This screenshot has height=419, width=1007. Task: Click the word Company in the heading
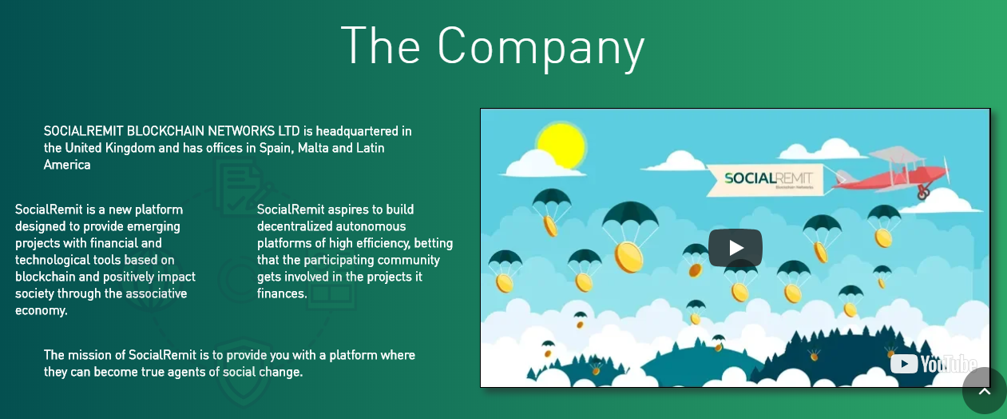pos(541,48)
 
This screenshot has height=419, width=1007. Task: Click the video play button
pos(735,248)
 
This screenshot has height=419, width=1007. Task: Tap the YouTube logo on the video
pos(934,364)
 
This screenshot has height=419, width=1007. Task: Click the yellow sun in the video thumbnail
pos(561,146)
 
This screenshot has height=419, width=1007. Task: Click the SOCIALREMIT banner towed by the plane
pos(767,180)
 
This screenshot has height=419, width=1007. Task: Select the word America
pos(67,165)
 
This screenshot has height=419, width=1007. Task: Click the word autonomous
pos(369,226)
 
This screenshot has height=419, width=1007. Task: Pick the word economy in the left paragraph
pos(41,310)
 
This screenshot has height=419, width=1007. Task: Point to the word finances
pos(282,293)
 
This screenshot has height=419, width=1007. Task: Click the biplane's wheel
pos(923,194)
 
